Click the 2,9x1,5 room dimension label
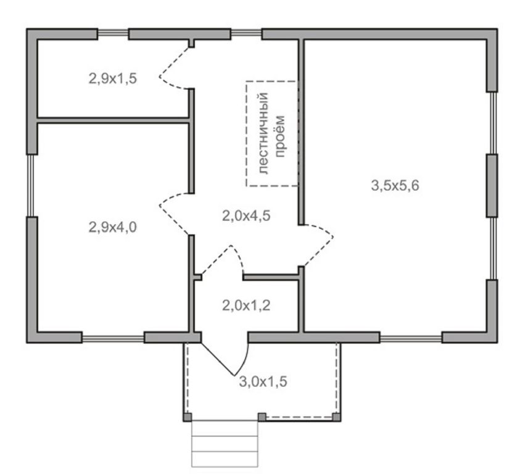coord(113,79)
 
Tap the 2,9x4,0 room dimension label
coord(113,227)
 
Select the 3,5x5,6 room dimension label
coord(395,185)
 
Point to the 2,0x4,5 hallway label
coord(246,216)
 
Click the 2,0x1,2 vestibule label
coord(246,305)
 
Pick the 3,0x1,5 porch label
coord(263,381)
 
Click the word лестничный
coord(263,133)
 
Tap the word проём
coord(280,136)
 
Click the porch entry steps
coord(225,444)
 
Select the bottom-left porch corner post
coord(187,417)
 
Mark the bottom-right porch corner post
coord(337,417)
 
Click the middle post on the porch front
coord(262,417)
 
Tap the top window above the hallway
coord(246,32)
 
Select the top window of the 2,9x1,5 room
coord(113,32)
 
